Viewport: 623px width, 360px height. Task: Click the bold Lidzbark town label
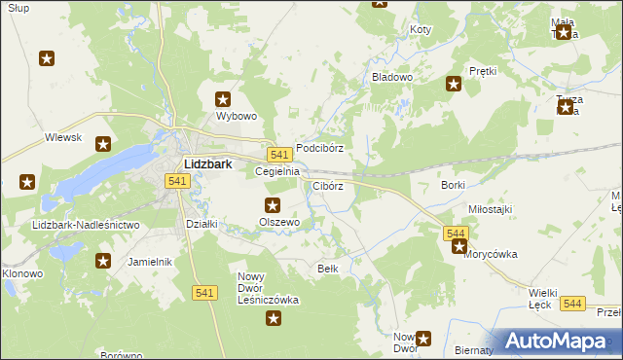point(207,164)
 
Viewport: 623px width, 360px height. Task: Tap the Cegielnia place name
point(276,171)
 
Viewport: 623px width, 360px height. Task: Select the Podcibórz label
point(320,149)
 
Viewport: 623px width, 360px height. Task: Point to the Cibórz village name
point(327,185)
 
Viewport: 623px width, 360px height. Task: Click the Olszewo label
point(278,222)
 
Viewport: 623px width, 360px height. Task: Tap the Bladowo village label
point(392,76)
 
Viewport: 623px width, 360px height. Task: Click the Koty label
point(420,30)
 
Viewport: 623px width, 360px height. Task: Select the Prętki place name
point(483,71)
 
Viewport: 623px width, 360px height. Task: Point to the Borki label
point(453,185)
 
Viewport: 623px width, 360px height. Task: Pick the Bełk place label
point(328,268)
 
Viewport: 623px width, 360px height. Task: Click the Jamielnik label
point(150,262)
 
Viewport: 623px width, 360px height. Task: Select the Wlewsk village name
point(62,138)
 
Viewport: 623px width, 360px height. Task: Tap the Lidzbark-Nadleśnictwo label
point(86,225)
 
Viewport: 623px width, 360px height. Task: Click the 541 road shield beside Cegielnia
point(279,155)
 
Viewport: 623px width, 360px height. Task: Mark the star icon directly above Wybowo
point(223,98)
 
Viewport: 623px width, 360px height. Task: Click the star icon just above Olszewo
point(273,204)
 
